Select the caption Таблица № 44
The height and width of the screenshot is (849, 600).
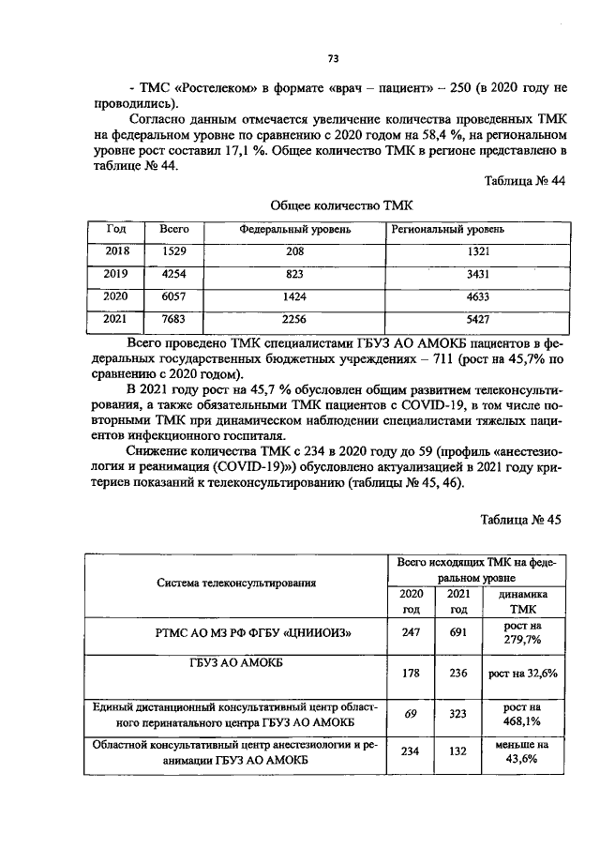(x=523, y=181)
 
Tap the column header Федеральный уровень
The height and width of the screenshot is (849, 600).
(x=294, y=229)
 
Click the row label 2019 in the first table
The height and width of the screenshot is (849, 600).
(x=117, y=275)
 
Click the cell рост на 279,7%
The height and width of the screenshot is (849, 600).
(x=523, y=632)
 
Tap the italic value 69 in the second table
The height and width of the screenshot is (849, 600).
(x=410, y=715)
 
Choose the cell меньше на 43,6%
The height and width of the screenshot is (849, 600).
(x=523, y=752)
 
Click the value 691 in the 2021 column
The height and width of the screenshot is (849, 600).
(x=458, y=633)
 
